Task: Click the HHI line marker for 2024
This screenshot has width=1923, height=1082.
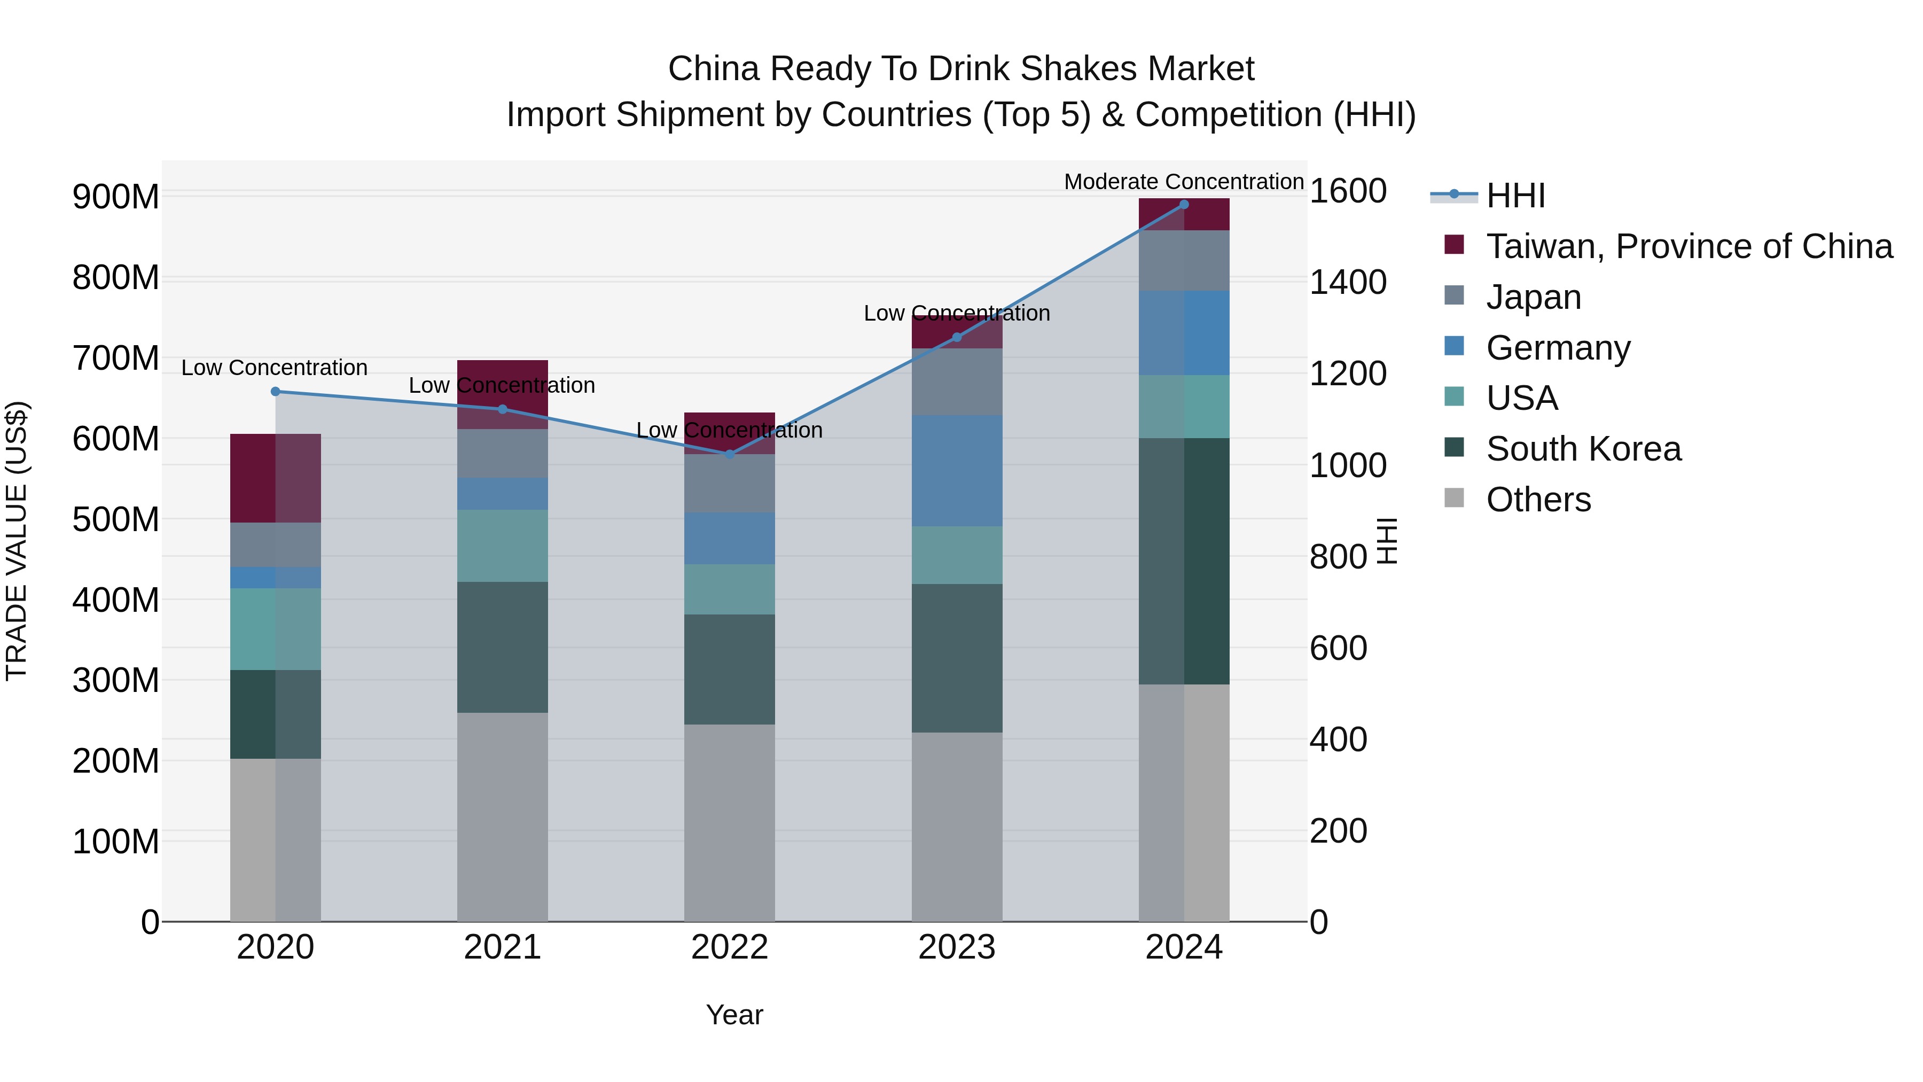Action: pos(1183,205)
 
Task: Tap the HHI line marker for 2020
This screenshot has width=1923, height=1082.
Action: pos(276,391)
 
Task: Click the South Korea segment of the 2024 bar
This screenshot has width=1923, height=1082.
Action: pos(1183,561)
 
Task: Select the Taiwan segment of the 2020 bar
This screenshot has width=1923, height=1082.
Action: pos(276,478)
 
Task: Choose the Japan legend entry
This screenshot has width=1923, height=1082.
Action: pos(1533,297)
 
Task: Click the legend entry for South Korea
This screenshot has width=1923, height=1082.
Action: pos(1583,449)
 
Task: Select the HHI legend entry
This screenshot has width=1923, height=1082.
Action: pos(1515,196)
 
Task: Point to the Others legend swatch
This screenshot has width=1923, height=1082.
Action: pos(1453,498)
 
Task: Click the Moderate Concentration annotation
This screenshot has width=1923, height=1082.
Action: pos(1183,182)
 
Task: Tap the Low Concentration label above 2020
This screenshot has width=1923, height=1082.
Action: pos(275,368)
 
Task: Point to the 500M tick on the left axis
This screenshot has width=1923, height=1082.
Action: pos(116,519)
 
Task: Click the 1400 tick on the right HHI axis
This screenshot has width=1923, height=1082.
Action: pos(1348,282)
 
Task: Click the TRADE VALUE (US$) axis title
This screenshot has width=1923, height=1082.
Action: pos(17,541)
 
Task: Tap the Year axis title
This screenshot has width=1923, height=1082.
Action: pos(734,1015)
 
